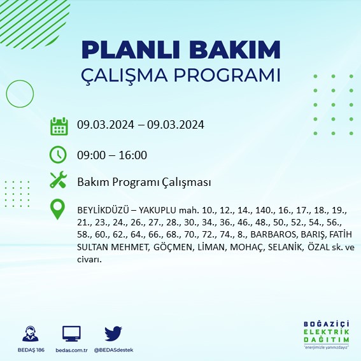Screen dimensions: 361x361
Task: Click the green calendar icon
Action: [59, 125]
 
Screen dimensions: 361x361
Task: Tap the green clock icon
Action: [59, 154]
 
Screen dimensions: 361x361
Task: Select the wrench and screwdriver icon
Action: [59, 181]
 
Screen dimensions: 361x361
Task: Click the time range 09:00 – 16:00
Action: [112, 155]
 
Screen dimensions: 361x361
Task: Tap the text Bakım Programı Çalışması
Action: [144, 183]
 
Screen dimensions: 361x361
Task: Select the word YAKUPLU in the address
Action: [164, 209]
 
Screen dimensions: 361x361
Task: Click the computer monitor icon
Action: [71, 333]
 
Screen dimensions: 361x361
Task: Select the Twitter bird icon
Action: [113, 333]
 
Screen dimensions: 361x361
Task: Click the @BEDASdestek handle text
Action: [114, 350]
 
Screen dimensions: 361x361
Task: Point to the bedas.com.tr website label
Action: [71, 350]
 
